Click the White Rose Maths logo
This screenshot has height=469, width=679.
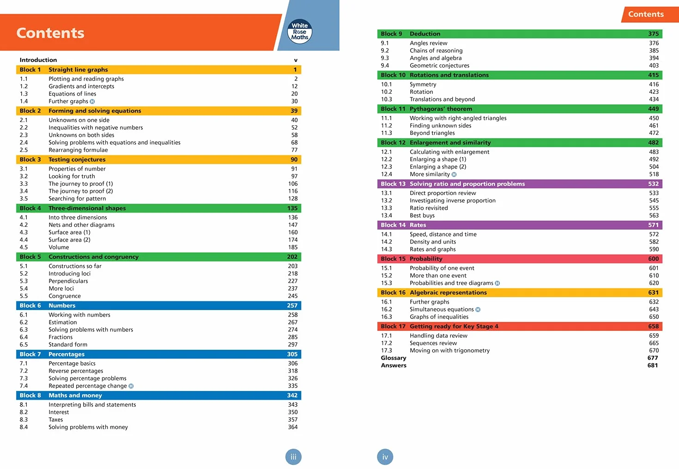(299, 31)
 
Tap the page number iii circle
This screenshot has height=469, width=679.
(293, 457)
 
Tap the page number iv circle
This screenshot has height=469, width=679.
(385, 457)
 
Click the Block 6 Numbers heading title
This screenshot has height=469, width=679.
(62, 305)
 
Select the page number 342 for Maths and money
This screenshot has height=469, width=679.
(292, 395)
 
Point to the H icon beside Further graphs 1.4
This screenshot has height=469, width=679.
(92, 101)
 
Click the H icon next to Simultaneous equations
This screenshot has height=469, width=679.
(478, 309)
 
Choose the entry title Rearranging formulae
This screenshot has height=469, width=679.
(78, 150)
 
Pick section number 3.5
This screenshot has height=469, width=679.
(24, 199)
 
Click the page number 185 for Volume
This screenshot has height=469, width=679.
(293, 247)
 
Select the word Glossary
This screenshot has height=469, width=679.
(394, 358)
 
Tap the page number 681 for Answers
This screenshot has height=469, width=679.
(653, 365)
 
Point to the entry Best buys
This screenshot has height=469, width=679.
(422, 215)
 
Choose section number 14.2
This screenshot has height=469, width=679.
(387, 242)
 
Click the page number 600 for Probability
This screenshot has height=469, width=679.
(653, 259)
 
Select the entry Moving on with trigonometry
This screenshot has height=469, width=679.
(449, 350)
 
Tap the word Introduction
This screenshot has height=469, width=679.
(38, 60)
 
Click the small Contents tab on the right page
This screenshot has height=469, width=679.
(646, 14)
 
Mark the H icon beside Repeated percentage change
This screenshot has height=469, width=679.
(131, 386)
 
